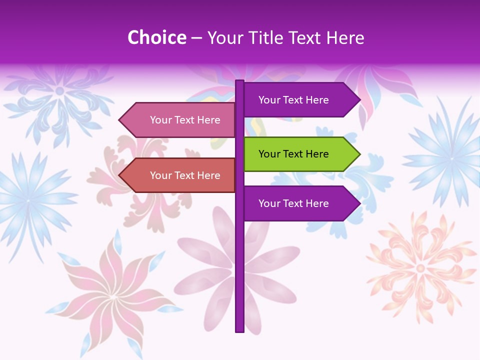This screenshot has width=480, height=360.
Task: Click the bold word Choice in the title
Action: (156, 37)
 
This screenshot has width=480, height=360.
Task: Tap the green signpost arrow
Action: (300, 154)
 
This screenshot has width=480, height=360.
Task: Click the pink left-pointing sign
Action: (180, 120)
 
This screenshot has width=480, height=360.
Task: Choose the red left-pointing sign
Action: (180, 175)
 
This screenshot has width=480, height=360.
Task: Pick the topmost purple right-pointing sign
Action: (300, 100)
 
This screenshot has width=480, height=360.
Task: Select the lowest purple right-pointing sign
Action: (300, 203)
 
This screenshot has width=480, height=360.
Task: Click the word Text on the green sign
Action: (293, 154)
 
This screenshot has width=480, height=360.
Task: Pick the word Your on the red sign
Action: (160, 175)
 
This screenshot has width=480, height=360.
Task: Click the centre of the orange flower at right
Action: (420, 268)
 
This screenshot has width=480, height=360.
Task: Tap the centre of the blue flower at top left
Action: (59, 91)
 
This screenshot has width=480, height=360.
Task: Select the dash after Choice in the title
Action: (196, 38)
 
